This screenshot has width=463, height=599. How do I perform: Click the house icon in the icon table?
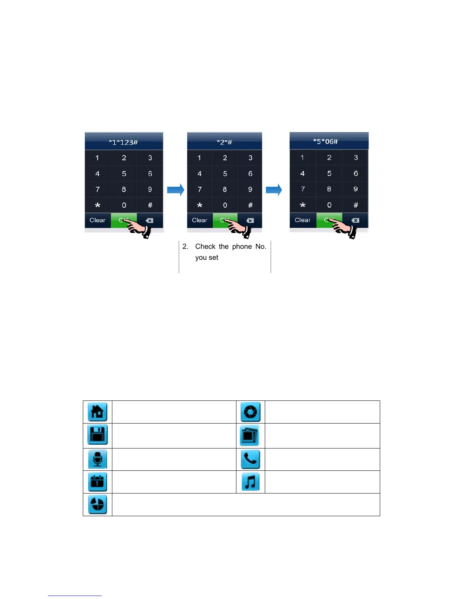(97, 412)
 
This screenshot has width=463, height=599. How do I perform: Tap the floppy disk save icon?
(97, 435)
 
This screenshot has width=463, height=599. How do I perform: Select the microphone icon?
(97, 459)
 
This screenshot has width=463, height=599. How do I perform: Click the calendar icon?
(97, 482)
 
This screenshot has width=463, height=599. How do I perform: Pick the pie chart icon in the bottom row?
(97, 504)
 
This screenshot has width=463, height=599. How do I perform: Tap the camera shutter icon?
(250, 412)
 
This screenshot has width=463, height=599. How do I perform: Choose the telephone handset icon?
(250, 459)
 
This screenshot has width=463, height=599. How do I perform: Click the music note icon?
(250, 482)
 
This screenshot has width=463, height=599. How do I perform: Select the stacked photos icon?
(250, 435)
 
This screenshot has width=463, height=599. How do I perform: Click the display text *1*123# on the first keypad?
(123, 143)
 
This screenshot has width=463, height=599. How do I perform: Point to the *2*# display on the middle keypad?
(224, 143)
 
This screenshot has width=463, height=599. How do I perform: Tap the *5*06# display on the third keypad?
(325, 142)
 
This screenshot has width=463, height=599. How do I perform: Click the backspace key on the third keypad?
(355, 220)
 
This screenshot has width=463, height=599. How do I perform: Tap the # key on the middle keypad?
(250, 205)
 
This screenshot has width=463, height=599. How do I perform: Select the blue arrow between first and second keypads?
(176, 189)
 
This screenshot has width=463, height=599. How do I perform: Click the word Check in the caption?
(205, 247)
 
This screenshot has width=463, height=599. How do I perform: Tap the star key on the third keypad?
(303, 205)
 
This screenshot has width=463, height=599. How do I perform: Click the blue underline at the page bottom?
(75, 596)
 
